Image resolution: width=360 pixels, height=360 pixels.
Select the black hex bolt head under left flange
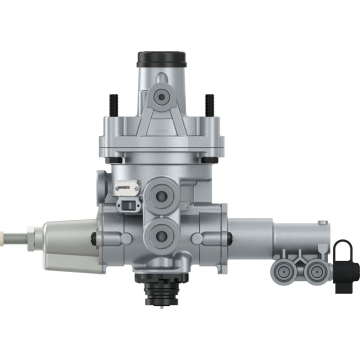113,160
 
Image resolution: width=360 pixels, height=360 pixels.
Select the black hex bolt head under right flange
206,160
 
